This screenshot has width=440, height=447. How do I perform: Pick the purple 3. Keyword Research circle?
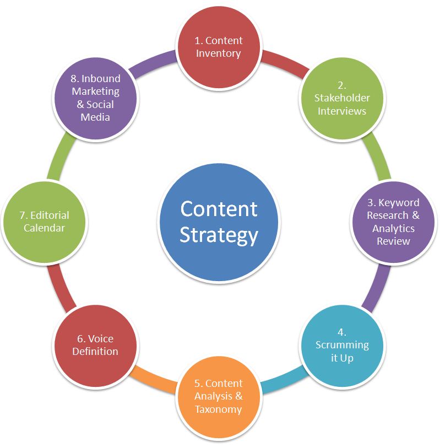click(393, 221)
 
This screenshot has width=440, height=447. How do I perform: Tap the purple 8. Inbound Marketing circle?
click(95, 98)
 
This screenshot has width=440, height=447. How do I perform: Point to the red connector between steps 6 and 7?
click(61, 287)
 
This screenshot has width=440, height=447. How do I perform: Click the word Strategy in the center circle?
click(219, 235)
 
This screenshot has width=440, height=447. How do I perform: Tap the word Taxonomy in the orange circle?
click(218, 409)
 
